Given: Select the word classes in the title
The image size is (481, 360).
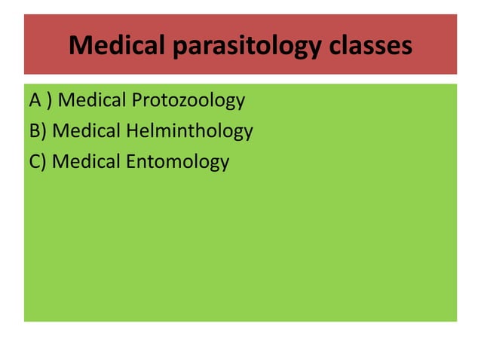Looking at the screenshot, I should pyautogui.click(x=371, y=46).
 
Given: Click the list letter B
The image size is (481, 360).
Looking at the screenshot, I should pyautogui.click(x=35, y=131).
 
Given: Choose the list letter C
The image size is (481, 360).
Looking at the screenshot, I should pyautogui.click(x=35, y=161).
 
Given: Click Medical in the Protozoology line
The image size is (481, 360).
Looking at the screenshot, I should pyautogui.click(x=97, y=101).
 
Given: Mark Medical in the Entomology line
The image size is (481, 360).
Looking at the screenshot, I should pyautogui.click(x=86, y=161).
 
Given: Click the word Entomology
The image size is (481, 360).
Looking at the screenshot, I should pyautogui.click(x=177, y=162).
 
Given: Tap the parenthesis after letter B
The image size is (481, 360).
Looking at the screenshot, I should pyautogui.click(x=44, y=132).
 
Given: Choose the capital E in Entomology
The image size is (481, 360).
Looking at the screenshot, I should pyautogui.click(x=130, y=161).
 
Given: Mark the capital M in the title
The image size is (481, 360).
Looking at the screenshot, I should pyautogui.click(x=79, y=46).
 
